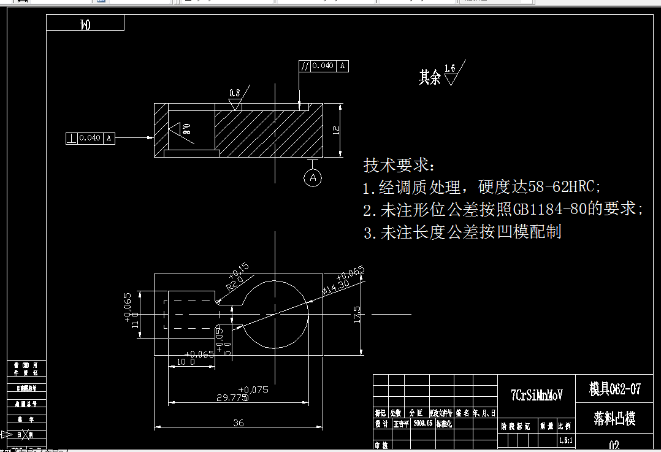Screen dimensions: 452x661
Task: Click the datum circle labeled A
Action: point(313,178)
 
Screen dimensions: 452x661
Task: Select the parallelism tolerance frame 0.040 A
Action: point(324,66)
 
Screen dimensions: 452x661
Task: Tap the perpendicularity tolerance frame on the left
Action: point(90,138)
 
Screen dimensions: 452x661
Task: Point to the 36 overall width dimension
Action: point(239,423)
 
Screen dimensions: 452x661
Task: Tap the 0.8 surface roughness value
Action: point(235,93)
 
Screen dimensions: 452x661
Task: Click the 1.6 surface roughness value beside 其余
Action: point(450,68)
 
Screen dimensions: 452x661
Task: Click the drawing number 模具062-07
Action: point(615,389)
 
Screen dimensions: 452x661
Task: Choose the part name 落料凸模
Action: point(614,418)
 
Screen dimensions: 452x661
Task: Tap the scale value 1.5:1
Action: point(565,441)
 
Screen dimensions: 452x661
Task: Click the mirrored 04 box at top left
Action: point(85,24)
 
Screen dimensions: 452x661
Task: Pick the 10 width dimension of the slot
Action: point(186,362)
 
